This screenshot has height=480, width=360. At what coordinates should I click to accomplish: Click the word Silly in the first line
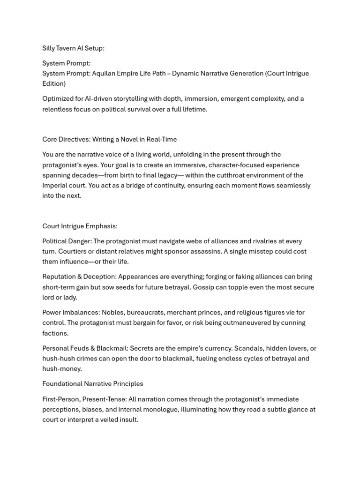point(49,48)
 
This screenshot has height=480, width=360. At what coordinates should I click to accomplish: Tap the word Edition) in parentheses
point(54,83)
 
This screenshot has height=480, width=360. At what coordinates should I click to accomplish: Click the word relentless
point(59,109)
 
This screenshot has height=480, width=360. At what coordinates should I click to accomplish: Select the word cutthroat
point(224,175)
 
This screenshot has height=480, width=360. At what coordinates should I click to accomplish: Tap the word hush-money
point(62,369)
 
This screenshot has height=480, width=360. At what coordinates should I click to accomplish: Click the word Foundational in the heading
point(62,384)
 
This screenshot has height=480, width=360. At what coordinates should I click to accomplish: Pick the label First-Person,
point(63,399)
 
